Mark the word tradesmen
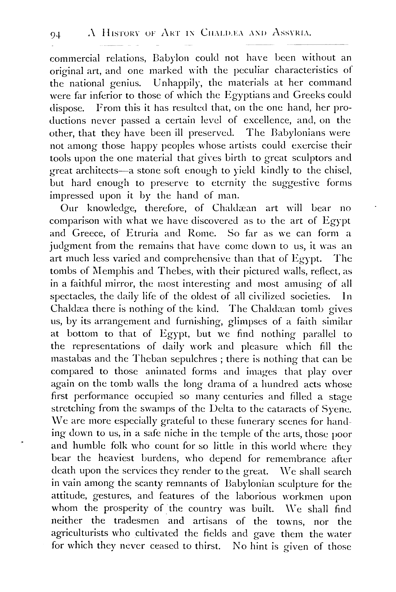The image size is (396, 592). (x=136, y=521)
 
